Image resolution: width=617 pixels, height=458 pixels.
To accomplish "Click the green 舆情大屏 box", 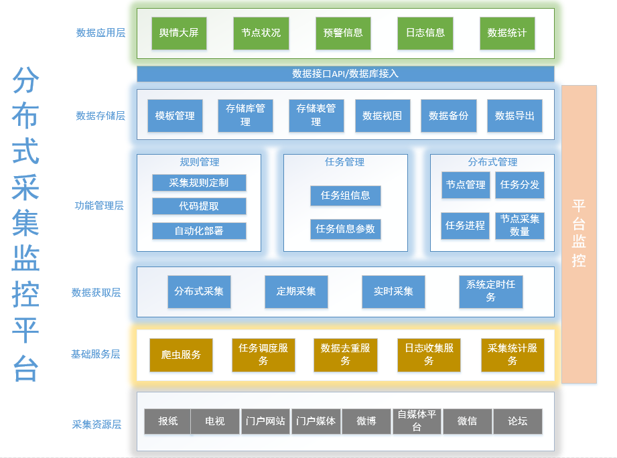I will pos(179,33).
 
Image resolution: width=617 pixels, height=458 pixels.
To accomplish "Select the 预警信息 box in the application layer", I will pos(343,33).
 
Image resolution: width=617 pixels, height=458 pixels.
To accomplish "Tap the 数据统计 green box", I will pos(507,33).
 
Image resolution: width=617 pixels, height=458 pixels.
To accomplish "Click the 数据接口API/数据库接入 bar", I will pos(345,74).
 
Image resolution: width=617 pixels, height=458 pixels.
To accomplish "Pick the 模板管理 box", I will pos(175,116).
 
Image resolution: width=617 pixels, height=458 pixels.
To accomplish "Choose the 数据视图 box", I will pos(383,116).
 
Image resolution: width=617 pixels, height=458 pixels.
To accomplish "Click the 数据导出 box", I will pos(515,116).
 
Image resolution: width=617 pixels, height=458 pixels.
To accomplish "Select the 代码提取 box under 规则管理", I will pos(199,206).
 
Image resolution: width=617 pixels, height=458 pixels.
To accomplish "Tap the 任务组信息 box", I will pos(346,196).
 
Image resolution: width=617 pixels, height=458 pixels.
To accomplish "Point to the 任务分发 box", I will pos(520,185).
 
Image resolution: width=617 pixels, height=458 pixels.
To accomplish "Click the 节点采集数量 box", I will pos(520,226).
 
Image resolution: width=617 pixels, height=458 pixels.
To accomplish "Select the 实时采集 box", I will pos(393,291).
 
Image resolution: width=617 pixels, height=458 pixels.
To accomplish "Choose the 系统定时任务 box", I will pos(491,291).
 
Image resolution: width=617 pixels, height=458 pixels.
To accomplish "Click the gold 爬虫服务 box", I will pos(181,355).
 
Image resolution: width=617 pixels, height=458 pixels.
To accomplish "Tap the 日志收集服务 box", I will pos(429,355).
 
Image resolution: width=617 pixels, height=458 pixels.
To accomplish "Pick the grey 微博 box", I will pos(366,422).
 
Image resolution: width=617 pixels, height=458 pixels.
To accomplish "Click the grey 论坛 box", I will pos(517,422).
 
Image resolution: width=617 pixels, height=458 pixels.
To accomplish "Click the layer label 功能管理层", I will pos(99,206).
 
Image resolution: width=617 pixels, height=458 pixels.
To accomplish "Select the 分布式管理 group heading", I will pos(492,162).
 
